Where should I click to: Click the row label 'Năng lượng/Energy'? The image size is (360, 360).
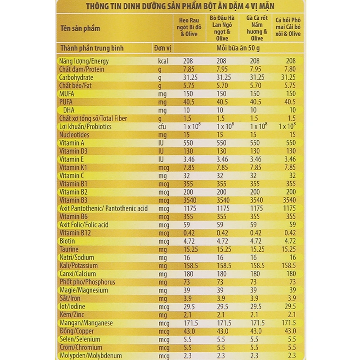(x=84, y=61)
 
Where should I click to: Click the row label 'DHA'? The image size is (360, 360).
(x=68, y=110)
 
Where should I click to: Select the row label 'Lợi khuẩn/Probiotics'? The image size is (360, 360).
(x=85, y=127)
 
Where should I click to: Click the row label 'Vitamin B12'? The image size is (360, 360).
(x=75, y=233)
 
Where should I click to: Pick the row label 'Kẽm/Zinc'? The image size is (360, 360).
(x=72, y=315)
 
